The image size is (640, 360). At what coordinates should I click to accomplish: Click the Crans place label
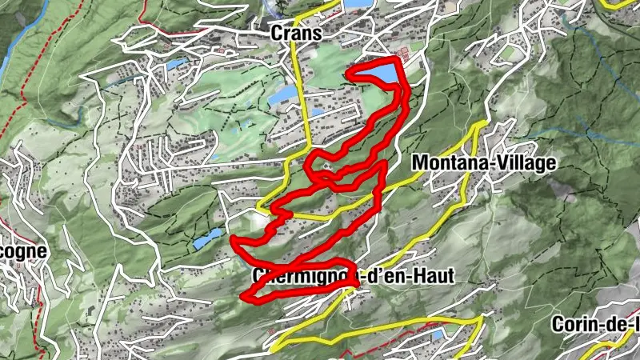296,34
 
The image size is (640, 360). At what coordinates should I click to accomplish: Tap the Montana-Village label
483,163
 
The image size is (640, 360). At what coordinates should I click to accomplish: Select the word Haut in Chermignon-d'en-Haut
431,277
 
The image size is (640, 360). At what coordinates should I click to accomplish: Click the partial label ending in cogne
23,250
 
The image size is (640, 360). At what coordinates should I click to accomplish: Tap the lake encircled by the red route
374,74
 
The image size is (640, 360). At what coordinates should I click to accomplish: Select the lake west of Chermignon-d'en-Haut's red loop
207,238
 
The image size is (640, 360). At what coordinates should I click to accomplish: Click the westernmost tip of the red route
232,238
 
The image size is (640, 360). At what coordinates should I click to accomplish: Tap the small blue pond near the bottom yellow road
437,335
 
